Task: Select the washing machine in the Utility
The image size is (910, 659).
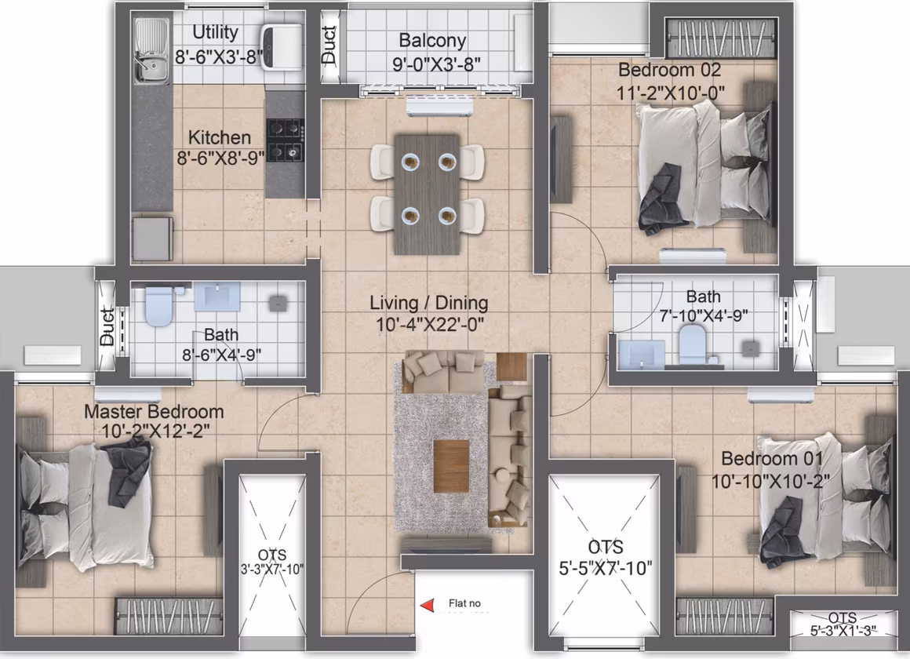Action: click(x=282, y=46)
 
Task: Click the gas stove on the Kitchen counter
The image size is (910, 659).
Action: click(x=286, y=140)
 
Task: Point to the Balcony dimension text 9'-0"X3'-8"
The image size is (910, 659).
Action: click(x=436, y=64)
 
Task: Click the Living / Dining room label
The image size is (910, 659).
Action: click(x=429, y=303)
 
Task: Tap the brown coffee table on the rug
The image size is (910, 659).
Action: click(x=451, y=466)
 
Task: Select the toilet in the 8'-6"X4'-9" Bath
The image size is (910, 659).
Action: click(x=158, y=305)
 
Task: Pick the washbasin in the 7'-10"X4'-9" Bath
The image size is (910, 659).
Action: click(x=642, y=354)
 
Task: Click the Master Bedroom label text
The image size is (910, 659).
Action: click(x=154, y=412)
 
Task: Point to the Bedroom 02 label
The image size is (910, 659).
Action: click(x=669, y=71)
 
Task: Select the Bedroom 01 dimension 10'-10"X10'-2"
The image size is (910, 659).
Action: click(x=770, y=481)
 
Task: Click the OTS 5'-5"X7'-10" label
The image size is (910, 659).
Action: click(x=606, y=557)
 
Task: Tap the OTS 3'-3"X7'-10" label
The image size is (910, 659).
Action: click(x=272, y=562)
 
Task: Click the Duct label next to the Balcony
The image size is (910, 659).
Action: click(x=329, y=45)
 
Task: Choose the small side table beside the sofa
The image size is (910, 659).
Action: click(x=511, y=367)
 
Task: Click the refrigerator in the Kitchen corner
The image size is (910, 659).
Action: click(x=152, y=238)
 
